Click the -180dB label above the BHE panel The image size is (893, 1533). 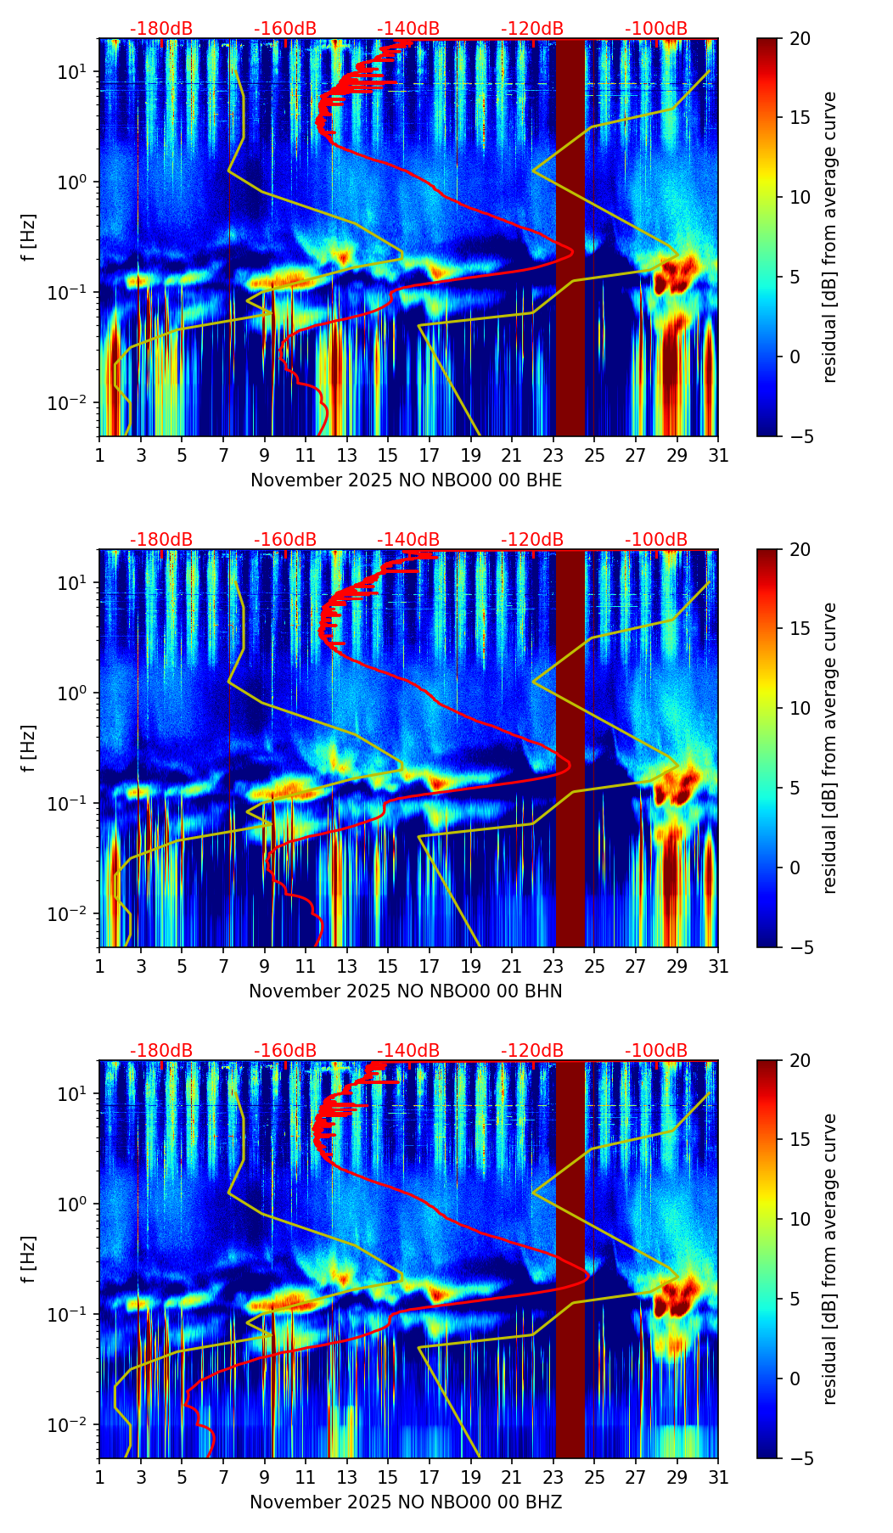click(x=161, y=29)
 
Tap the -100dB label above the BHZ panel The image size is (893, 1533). click(x=656, y=1051)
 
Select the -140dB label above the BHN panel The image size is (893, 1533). click(x=408, y=540)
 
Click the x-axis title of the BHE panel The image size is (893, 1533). click(x=406, y=480)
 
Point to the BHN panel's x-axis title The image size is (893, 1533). click(x=406, y=991)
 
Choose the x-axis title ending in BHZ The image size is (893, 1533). click(x=406, y=1502)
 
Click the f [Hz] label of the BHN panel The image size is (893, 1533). click(x=31, y=748)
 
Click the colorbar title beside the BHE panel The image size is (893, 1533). click(x=830, y=237)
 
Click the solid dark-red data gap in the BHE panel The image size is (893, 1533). click(x=570, y=238)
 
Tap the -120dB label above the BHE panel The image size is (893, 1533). click(x=532, y=29)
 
